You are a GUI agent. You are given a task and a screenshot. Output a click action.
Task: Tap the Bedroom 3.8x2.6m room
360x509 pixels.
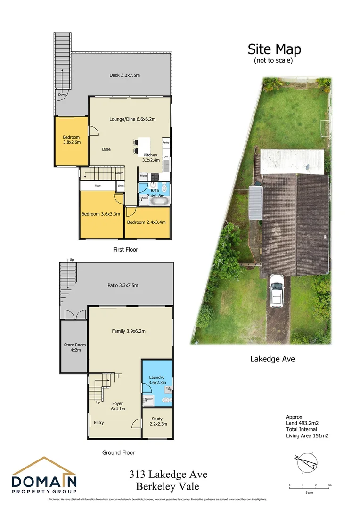[x=71, y=140]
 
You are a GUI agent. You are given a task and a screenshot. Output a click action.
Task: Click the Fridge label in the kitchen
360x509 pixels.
[x=143, y=176]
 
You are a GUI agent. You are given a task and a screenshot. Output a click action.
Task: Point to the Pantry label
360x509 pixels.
[x=165, y=142]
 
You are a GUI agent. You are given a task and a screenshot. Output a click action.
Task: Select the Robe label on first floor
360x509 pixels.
[x=98, y=186]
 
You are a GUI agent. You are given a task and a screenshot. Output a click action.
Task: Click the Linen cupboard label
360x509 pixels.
[x=121, y=186]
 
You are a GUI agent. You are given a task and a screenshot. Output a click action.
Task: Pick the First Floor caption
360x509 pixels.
[x=125, y=250]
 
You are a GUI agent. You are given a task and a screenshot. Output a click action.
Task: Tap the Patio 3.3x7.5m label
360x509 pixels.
[x=122, y=285]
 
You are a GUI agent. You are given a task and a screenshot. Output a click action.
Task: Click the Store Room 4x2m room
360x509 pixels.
[x=73, y=347]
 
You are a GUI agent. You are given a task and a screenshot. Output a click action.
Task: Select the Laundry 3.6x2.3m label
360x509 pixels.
[x=156, y=380]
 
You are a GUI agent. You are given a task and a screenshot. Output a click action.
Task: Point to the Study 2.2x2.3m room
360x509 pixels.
[x=156, y=421]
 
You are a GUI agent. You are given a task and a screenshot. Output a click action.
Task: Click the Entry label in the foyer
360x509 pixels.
[x=98, y=423]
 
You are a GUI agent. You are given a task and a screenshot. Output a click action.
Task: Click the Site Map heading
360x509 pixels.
[x=274, y=49]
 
